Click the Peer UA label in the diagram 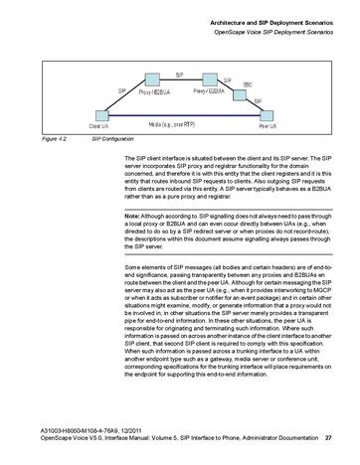click(x=267, y=127)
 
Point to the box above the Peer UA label click(x=265, y=116)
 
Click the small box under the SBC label click(x=243, y=96)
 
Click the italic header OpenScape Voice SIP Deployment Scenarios click(x=271, y=32)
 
